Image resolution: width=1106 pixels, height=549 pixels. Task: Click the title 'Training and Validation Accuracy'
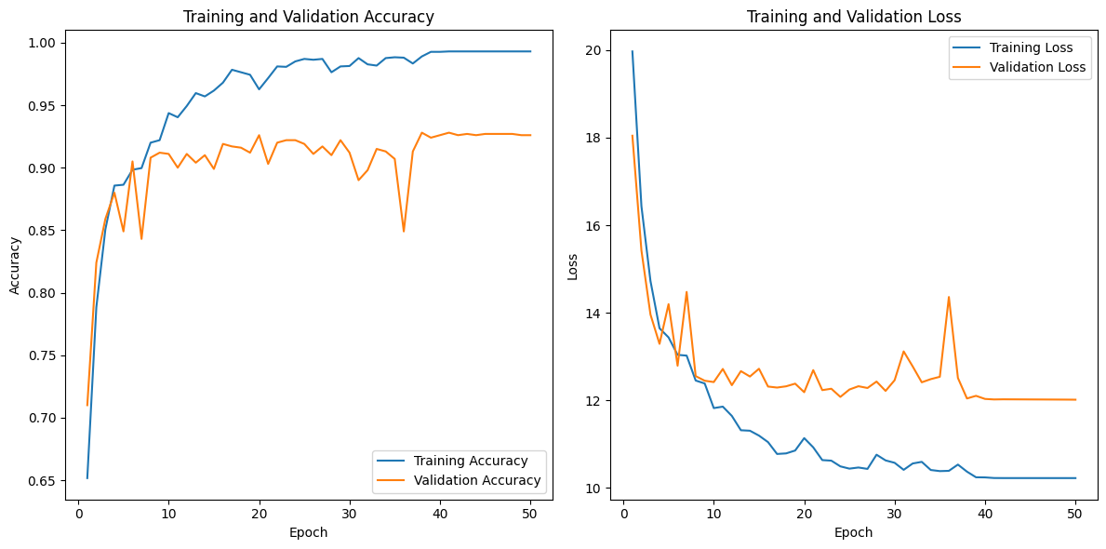[308, 17]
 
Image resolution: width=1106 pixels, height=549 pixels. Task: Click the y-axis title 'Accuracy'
[15, 264]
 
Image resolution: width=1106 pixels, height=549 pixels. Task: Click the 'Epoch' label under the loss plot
[853, 533]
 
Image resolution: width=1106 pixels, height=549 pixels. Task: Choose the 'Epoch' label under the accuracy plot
[308, 533]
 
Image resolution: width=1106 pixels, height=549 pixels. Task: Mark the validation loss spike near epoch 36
[949, 297]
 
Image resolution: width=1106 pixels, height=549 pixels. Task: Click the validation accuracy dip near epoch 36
[404, 231]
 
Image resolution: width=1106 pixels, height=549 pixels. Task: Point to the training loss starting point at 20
[633, 51]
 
